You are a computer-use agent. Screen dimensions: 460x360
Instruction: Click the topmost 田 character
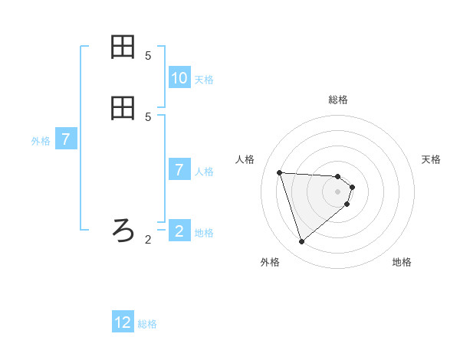[123, 47]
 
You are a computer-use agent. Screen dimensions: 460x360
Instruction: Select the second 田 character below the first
[123, 108]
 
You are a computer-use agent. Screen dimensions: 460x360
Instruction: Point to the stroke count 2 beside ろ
[148, 240]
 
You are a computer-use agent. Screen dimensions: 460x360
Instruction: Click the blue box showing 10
[179, 77]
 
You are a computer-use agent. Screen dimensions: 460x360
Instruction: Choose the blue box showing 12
[123, 322]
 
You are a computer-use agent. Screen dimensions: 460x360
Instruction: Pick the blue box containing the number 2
[179, 231]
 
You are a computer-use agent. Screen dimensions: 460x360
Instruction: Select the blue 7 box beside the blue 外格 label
[66, 139]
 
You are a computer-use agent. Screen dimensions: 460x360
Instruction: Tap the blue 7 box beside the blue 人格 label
[179, 169]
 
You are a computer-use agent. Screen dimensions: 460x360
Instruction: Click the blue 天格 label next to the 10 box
[204, 80]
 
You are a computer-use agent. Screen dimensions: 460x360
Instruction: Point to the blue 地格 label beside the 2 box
[204, 233]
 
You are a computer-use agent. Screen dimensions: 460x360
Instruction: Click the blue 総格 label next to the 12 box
[147, 325]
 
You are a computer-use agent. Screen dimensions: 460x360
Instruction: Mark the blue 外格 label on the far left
[41, 142]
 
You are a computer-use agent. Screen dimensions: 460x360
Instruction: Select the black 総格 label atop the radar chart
[338, 100]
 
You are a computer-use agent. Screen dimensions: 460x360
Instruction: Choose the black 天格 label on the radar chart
[431, 159]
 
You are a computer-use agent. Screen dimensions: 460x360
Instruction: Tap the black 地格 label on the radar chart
[402, 263]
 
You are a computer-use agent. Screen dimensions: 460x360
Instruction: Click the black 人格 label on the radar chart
[245, 159]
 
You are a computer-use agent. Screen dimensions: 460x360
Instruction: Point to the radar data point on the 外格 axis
[301, 242]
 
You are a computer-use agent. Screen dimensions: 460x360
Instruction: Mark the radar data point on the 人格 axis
[280, 172]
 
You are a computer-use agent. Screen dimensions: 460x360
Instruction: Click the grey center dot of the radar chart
[338, 201]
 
